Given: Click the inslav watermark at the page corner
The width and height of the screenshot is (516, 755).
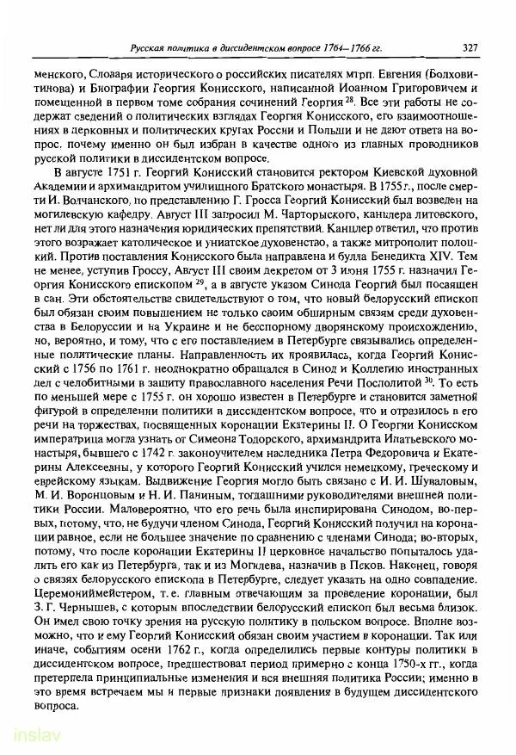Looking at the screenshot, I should (x=28, y=738).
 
